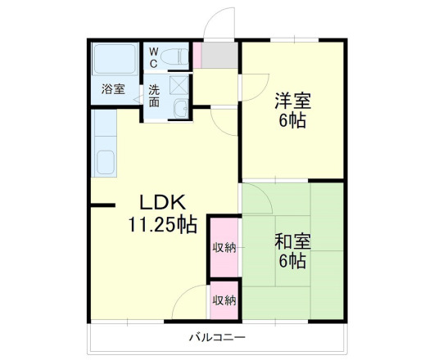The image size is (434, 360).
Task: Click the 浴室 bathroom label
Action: click(x=113, y=88)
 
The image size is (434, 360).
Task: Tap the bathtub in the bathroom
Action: click(x=114, y=60)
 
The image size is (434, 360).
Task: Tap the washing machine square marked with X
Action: click(x=179, y=84)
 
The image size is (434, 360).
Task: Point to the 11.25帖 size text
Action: click(x=161, y=223)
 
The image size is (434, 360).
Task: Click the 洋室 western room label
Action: click(x=292, y=102)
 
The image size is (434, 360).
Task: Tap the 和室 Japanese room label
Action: click(x=291, y=243)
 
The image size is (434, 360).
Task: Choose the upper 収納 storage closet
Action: click(x=224, y=247)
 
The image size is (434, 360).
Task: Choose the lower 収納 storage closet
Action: click(x=224, y=300)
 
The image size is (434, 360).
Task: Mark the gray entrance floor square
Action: click(x=217, y=56)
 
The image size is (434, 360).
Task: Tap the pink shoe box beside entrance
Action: click(x=197, y=56)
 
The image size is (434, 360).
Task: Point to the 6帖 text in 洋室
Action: click(x=292, y=122)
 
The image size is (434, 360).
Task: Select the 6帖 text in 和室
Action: click(x=292, y=263)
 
